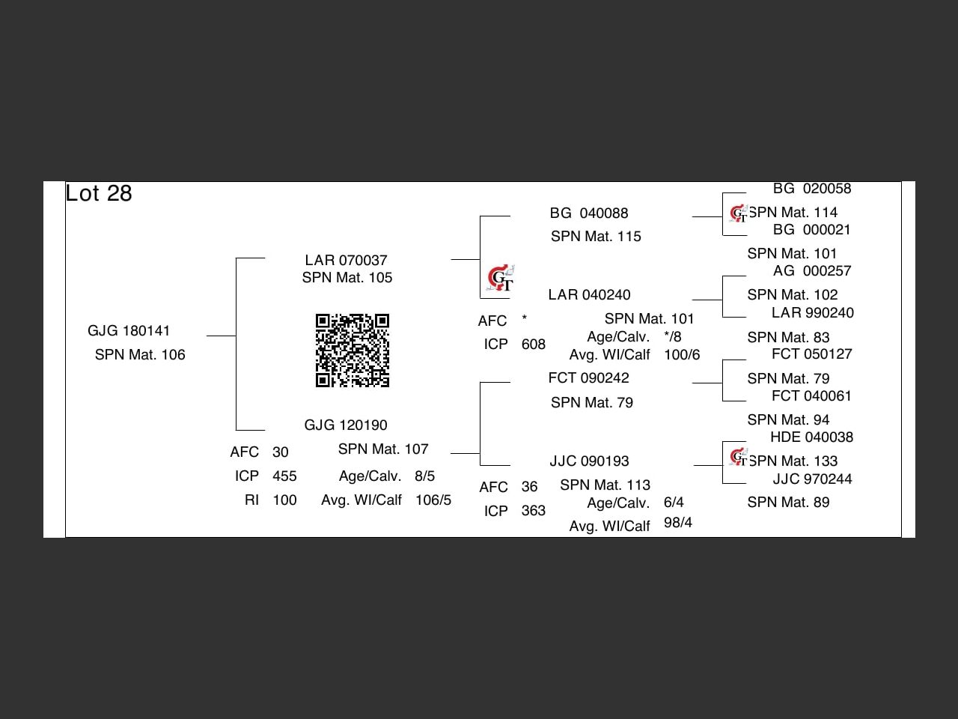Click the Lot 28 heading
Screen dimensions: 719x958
point(99,193)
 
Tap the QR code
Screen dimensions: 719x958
point(353,351)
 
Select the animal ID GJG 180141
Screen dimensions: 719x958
point(129,331)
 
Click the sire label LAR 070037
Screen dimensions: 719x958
point(346,261)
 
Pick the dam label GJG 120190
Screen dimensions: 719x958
point(346,425)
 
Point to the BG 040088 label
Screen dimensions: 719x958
point(589,213)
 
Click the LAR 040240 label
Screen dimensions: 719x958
point(589,295)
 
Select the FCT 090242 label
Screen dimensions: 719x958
point(588,378)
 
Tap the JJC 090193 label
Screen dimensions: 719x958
point(589,461)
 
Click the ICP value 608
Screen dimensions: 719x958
point(534,345)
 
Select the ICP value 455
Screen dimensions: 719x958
point(284,476)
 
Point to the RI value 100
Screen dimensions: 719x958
point(284,500)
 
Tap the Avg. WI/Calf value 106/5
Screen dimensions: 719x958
point(433,500)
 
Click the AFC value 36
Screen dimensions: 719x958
point(529,487)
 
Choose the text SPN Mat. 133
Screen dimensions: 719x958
point(793,461)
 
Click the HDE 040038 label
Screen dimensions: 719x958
point(811,437)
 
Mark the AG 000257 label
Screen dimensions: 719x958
point(812,271)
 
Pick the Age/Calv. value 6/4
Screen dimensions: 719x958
point(674,503)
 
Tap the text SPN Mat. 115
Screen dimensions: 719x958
point(596,237)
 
